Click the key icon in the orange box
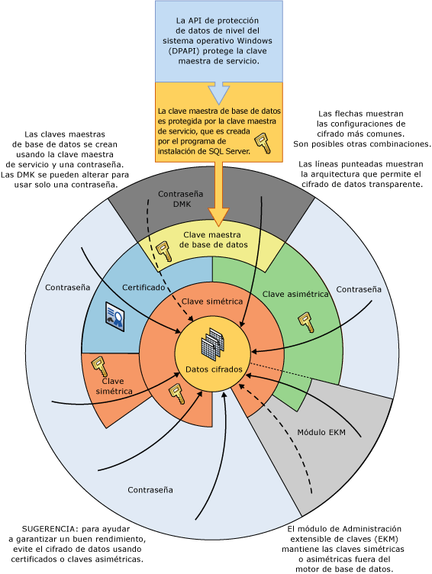click(263, 143)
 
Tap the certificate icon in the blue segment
click(115, 316)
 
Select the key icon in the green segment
click(306, 322)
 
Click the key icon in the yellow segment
click(163, 251)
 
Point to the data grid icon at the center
click(213, 344)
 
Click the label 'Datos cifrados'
click(214, 369)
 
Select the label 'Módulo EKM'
click(321, 432)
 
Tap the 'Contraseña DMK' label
click(181, 198)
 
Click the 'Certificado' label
click(143, 287)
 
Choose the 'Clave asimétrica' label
click(295, 294)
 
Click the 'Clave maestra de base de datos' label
click(213, 240)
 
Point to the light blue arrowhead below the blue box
click(219, 93)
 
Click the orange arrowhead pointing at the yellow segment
click(218, 217)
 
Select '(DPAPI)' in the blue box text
click(184, 51)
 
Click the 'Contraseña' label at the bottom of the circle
click(150, 490)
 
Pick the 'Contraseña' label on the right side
click(359, 289)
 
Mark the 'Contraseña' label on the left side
click(67, 287)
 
